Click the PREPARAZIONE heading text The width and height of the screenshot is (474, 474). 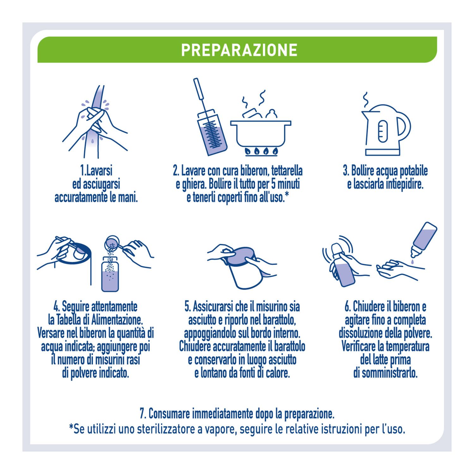click(239, 50)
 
